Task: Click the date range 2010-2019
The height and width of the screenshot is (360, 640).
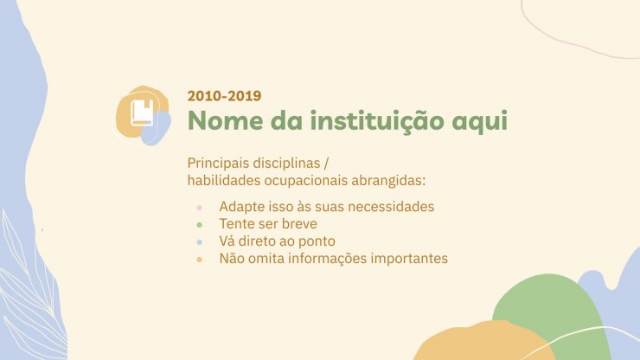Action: click(x=224, y=95)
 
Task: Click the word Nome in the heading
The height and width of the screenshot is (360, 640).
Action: click(x=226, y=120)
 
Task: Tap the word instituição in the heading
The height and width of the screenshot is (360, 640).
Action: click(x=377, y=121)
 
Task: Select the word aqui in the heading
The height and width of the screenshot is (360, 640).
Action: click(x=480, y=122)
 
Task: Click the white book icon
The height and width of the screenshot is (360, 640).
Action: click(x=143, y=112)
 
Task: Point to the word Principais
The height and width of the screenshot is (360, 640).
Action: click(x=218, y=163)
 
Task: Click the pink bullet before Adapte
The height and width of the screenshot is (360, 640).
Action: click(x=199, y=208)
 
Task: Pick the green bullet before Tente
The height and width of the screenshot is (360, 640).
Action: click(x=199, y=225)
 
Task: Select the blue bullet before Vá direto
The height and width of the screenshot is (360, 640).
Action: click(x=199, y=242)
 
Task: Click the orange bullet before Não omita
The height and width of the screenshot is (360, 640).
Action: click(x=199, y=260)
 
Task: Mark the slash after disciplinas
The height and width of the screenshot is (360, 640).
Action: click(x=326, y=164)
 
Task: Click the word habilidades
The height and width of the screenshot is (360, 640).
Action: click(x=224, y=180)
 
